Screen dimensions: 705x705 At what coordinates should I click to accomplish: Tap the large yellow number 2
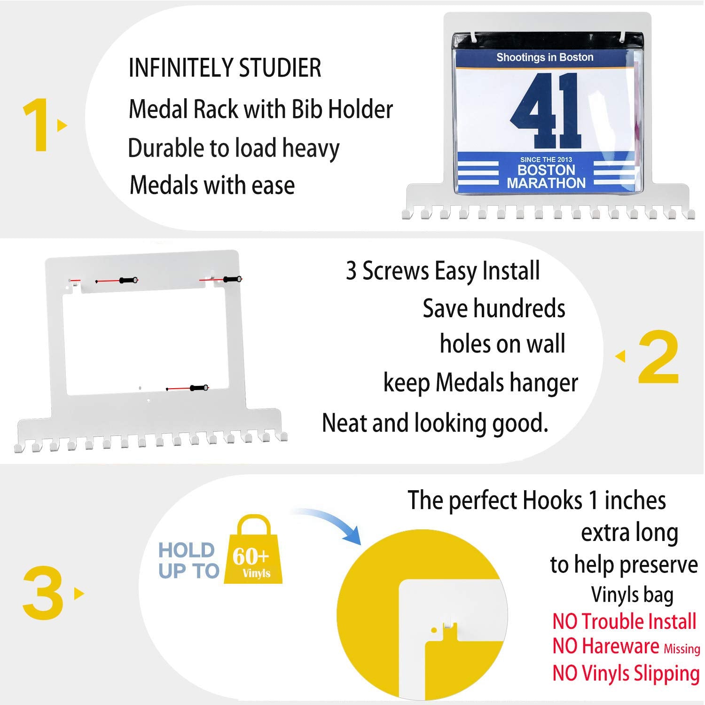click(658, 357)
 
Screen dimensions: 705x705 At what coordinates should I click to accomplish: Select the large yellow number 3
click(43, 593)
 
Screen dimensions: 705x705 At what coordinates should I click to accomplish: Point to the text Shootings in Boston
click(545, 57)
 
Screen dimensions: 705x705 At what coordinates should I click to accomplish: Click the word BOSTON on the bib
click(546, 170)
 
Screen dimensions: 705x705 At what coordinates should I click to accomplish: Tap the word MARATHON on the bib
click(546, 183)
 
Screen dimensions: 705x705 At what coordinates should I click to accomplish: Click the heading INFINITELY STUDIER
click(225, 68)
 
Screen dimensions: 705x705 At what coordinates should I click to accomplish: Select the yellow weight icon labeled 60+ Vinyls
click(253, 549)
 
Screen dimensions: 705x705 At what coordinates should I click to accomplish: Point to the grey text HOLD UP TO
click(188, 560)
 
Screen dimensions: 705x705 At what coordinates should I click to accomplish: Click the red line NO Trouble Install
click(624, 621)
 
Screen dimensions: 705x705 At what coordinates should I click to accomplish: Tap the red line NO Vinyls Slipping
click(626, 673)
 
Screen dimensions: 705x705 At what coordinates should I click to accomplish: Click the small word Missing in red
click(682, 649)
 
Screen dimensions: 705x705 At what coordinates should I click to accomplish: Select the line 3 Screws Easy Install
click(443, 271)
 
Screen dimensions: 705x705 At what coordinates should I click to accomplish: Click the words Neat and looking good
click(435, 423)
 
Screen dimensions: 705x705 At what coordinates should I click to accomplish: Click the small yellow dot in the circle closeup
click(434, 630)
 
